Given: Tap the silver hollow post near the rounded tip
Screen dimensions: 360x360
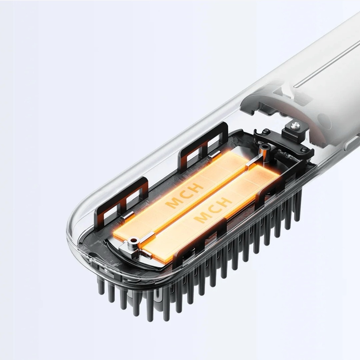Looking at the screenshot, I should point(134,241).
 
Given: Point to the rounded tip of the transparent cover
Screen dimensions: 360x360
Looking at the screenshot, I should point(72,227).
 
